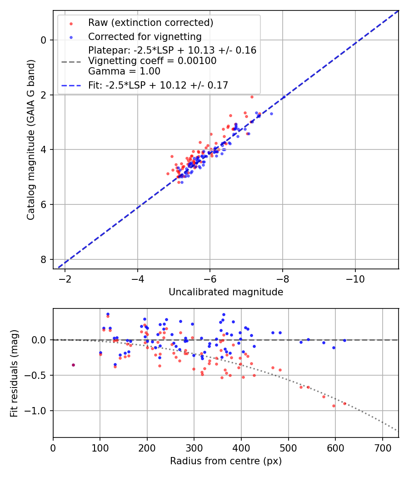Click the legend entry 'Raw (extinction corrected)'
coord(150,23)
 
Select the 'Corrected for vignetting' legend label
coord(145,36)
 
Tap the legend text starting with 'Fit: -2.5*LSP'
coord(158,85)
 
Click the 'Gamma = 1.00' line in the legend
coord(124,71)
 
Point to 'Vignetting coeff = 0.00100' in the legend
coord(152,61)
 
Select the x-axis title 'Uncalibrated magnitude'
coord(226,292)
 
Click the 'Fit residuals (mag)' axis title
coord(14,373)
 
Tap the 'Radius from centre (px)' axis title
coord(226,461)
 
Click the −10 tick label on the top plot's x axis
coord(355,278)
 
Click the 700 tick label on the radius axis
coord(382,447)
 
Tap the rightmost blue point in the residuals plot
coord(344,340)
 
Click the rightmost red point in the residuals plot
coord(344,403)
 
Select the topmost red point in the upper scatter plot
coord(252,97)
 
